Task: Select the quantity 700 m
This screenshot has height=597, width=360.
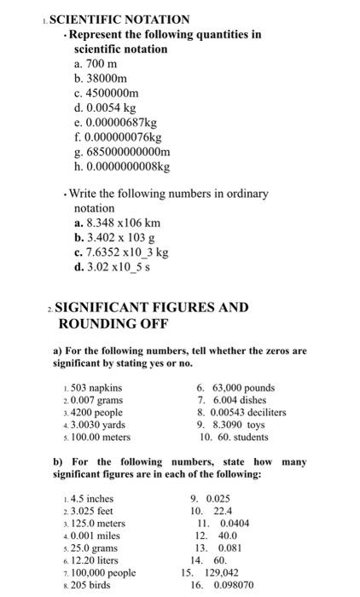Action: tap(95, 64)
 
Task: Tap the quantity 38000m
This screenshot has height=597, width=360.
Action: tap(102, 78)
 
